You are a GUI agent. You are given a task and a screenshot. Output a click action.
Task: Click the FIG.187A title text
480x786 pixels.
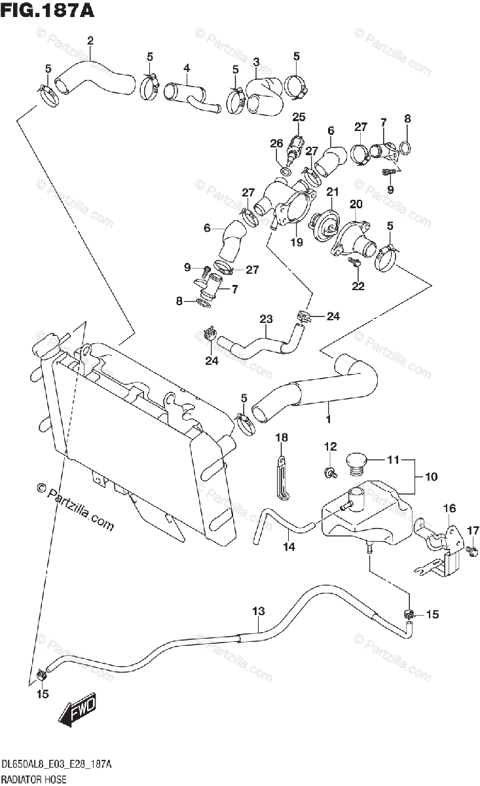click(x=48, y=10)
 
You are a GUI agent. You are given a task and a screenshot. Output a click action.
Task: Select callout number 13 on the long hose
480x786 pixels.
click(x=259, y=621)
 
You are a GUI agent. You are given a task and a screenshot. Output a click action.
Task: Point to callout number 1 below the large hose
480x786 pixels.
click(x=329, y=419)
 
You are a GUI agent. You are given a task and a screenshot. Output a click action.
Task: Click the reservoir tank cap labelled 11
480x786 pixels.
click(x=356, y=465)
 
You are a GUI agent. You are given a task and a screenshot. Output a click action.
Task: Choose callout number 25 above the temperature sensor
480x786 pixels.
click(x=299, y=117)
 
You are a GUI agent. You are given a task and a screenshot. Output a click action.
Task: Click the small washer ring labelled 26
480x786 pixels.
click(x=286, y=172)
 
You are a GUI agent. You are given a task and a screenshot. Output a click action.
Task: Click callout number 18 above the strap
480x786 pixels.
click(x=282, y=438)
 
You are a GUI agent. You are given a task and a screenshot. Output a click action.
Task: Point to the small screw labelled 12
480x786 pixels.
click(x=331, y=472)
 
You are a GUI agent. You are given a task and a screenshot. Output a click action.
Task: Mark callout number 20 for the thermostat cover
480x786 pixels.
click(x=356, y=204)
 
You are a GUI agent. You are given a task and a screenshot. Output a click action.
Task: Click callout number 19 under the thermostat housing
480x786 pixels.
click(x=297, y=242)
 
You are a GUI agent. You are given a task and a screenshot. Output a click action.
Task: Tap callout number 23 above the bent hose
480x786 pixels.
click(x=266, y=319)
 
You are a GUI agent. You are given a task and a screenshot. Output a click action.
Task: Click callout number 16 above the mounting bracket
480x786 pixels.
click(x=449, y=508)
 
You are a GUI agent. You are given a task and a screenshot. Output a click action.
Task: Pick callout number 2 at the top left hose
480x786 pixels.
click(x=90, y=41)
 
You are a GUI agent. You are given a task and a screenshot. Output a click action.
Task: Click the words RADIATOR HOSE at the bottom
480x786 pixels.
click(x=33, y=779)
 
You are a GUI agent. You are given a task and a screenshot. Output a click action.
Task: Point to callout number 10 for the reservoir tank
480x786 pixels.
click(x=432, y=477)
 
